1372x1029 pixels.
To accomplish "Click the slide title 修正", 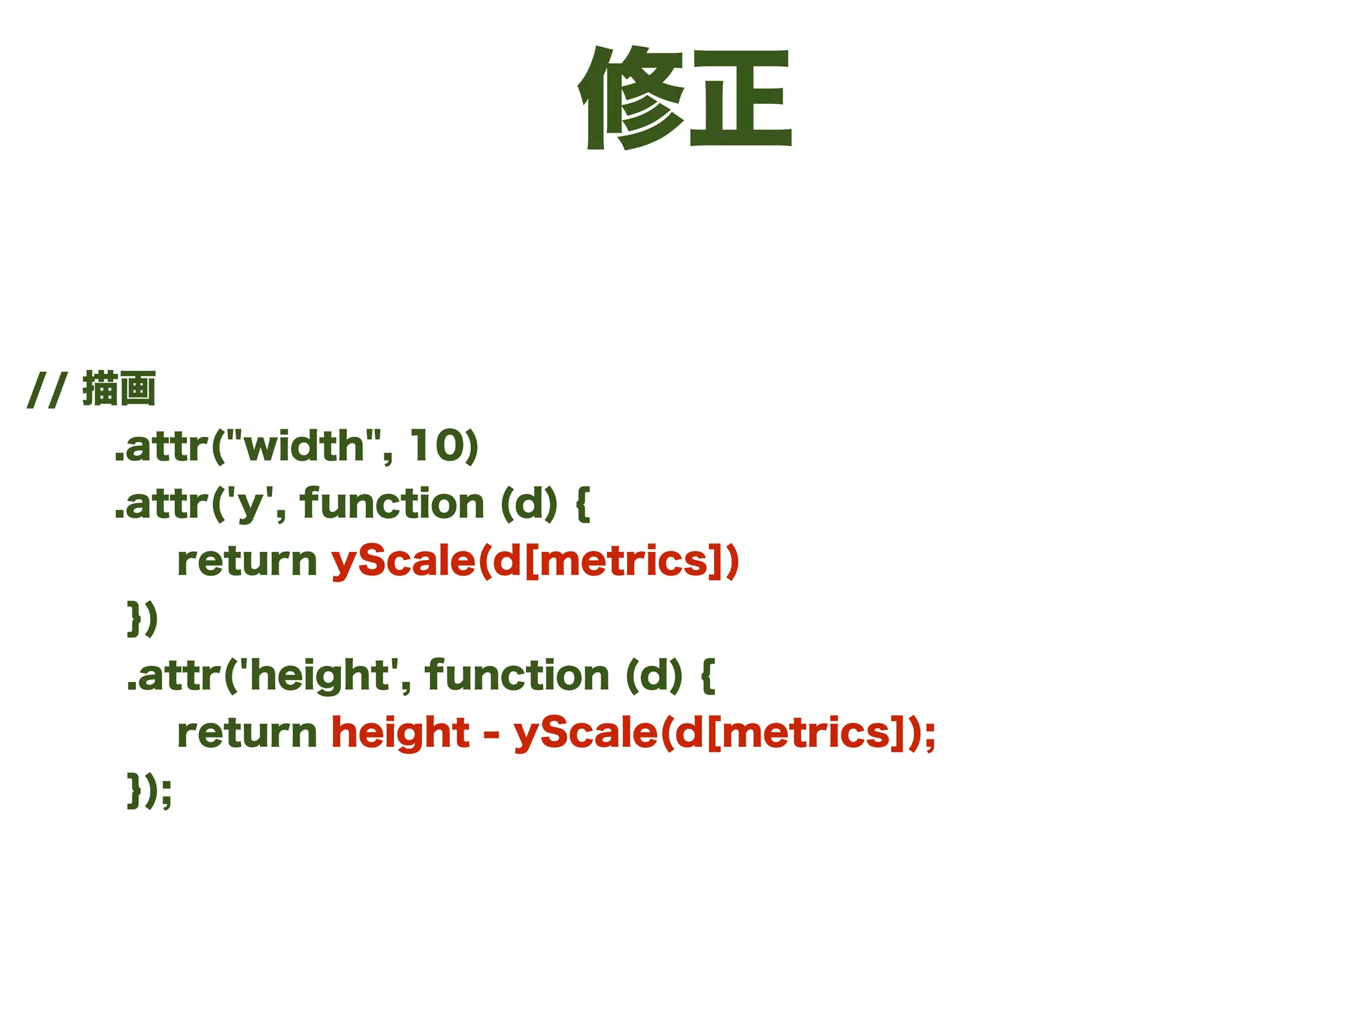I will (685, 98).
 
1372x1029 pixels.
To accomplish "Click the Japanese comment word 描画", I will (119, 389).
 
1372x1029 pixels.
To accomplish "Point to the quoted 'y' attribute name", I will (248, 504).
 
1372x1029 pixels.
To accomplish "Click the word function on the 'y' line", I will (392, 504).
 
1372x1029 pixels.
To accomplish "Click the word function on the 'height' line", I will (517, 675).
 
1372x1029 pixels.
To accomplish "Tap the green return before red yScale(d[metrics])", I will (247, 561).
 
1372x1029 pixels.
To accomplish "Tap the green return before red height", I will (247, 733).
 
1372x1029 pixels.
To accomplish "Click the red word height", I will (401, 733).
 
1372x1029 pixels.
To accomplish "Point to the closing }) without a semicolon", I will (142, 618).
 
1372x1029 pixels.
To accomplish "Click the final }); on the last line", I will (149, 791).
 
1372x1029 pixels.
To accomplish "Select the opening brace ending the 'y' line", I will (583, 504).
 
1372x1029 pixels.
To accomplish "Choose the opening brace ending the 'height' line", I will (708, 676).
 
